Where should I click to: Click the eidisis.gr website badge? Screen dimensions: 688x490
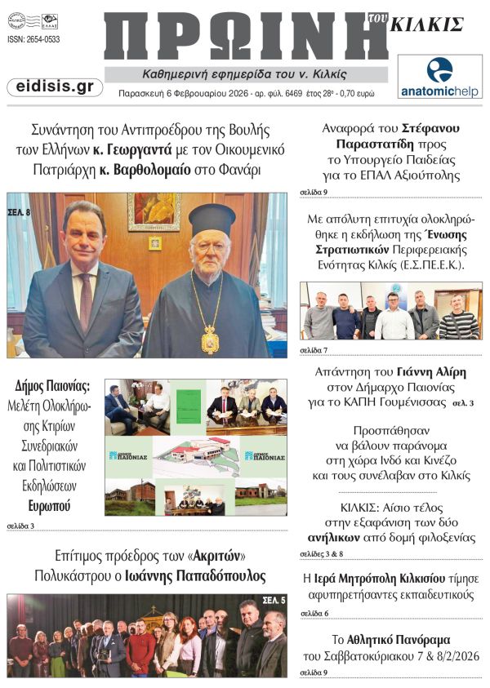55,87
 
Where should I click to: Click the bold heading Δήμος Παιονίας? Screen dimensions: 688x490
51,386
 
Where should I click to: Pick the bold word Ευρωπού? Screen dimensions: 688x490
49,506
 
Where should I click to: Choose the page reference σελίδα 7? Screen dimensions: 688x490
314,350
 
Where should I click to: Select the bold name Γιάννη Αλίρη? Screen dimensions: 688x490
432,371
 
